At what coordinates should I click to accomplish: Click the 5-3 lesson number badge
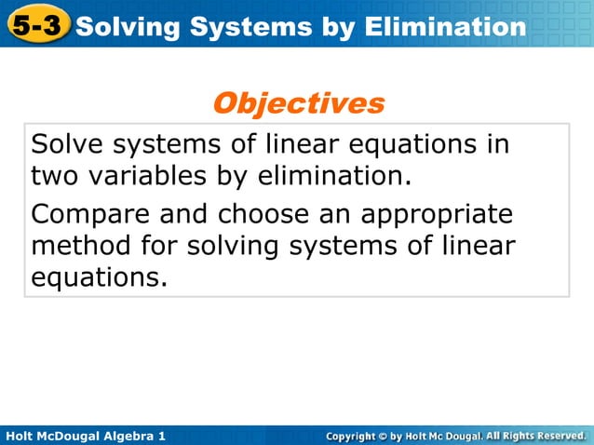pos(37,25)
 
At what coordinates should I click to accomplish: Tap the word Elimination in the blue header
pos(444,27)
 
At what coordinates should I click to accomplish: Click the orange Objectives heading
pos(298,102)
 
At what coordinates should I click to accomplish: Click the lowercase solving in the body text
pos(241,247)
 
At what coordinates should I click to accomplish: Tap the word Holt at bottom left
pos(20,436)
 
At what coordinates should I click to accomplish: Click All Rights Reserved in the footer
pos(535,436)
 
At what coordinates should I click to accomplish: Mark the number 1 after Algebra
pos(162,436)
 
